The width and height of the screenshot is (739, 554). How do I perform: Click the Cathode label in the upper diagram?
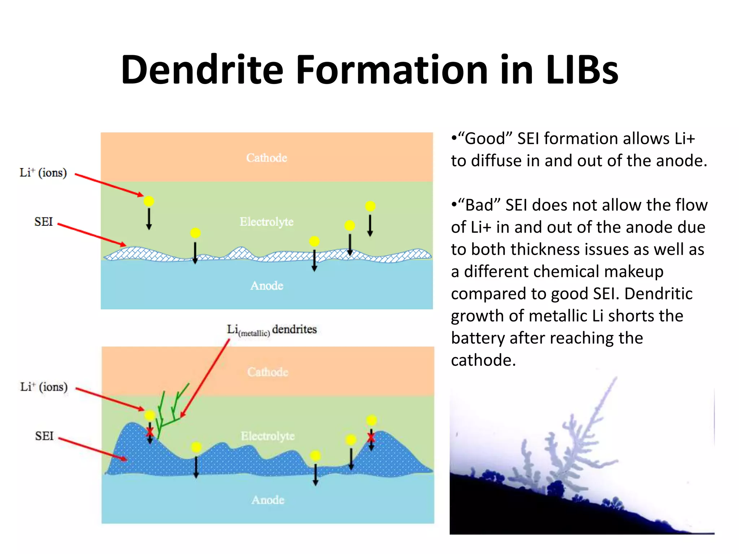(x=267, y=158)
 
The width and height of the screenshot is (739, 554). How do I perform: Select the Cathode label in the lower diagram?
(x=268, y=372)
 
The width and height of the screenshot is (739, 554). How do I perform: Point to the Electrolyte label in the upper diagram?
(x=267, y=221)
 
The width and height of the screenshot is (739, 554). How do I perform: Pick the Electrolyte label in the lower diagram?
(x=268, y=436)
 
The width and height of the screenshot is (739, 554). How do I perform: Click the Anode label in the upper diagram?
(x=267, y=285)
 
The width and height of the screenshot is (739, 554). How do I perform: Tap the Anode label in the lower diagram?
(x=268, y=500)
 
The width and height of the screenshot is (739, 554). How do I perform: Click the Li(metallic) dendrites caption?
(x=272, y=330)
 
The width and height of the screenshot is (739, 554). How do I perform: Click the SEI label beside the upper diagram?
(x=44, y=221)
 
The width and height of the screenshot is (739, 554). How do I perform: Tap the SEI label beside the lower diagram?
(x=44, y=436)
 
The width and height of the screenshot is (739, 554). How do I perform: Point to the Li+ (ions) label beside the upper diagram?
(x=43, y=173)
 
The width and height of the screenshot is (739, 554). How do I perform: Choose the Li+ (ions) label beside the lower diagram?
(x=44, y=387)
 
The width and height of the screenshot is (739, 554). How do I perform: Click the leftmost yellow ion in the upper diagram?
(x=149, y=201)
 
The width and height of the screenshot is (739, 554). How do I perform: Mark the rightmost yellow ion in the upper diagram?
(x=370, y=206)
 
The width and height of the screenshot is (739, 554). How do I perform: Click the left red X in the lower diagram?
(x=150, y=432)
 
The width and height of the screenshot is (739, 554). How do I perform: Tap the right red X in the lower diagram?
(x=371, y=438)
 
